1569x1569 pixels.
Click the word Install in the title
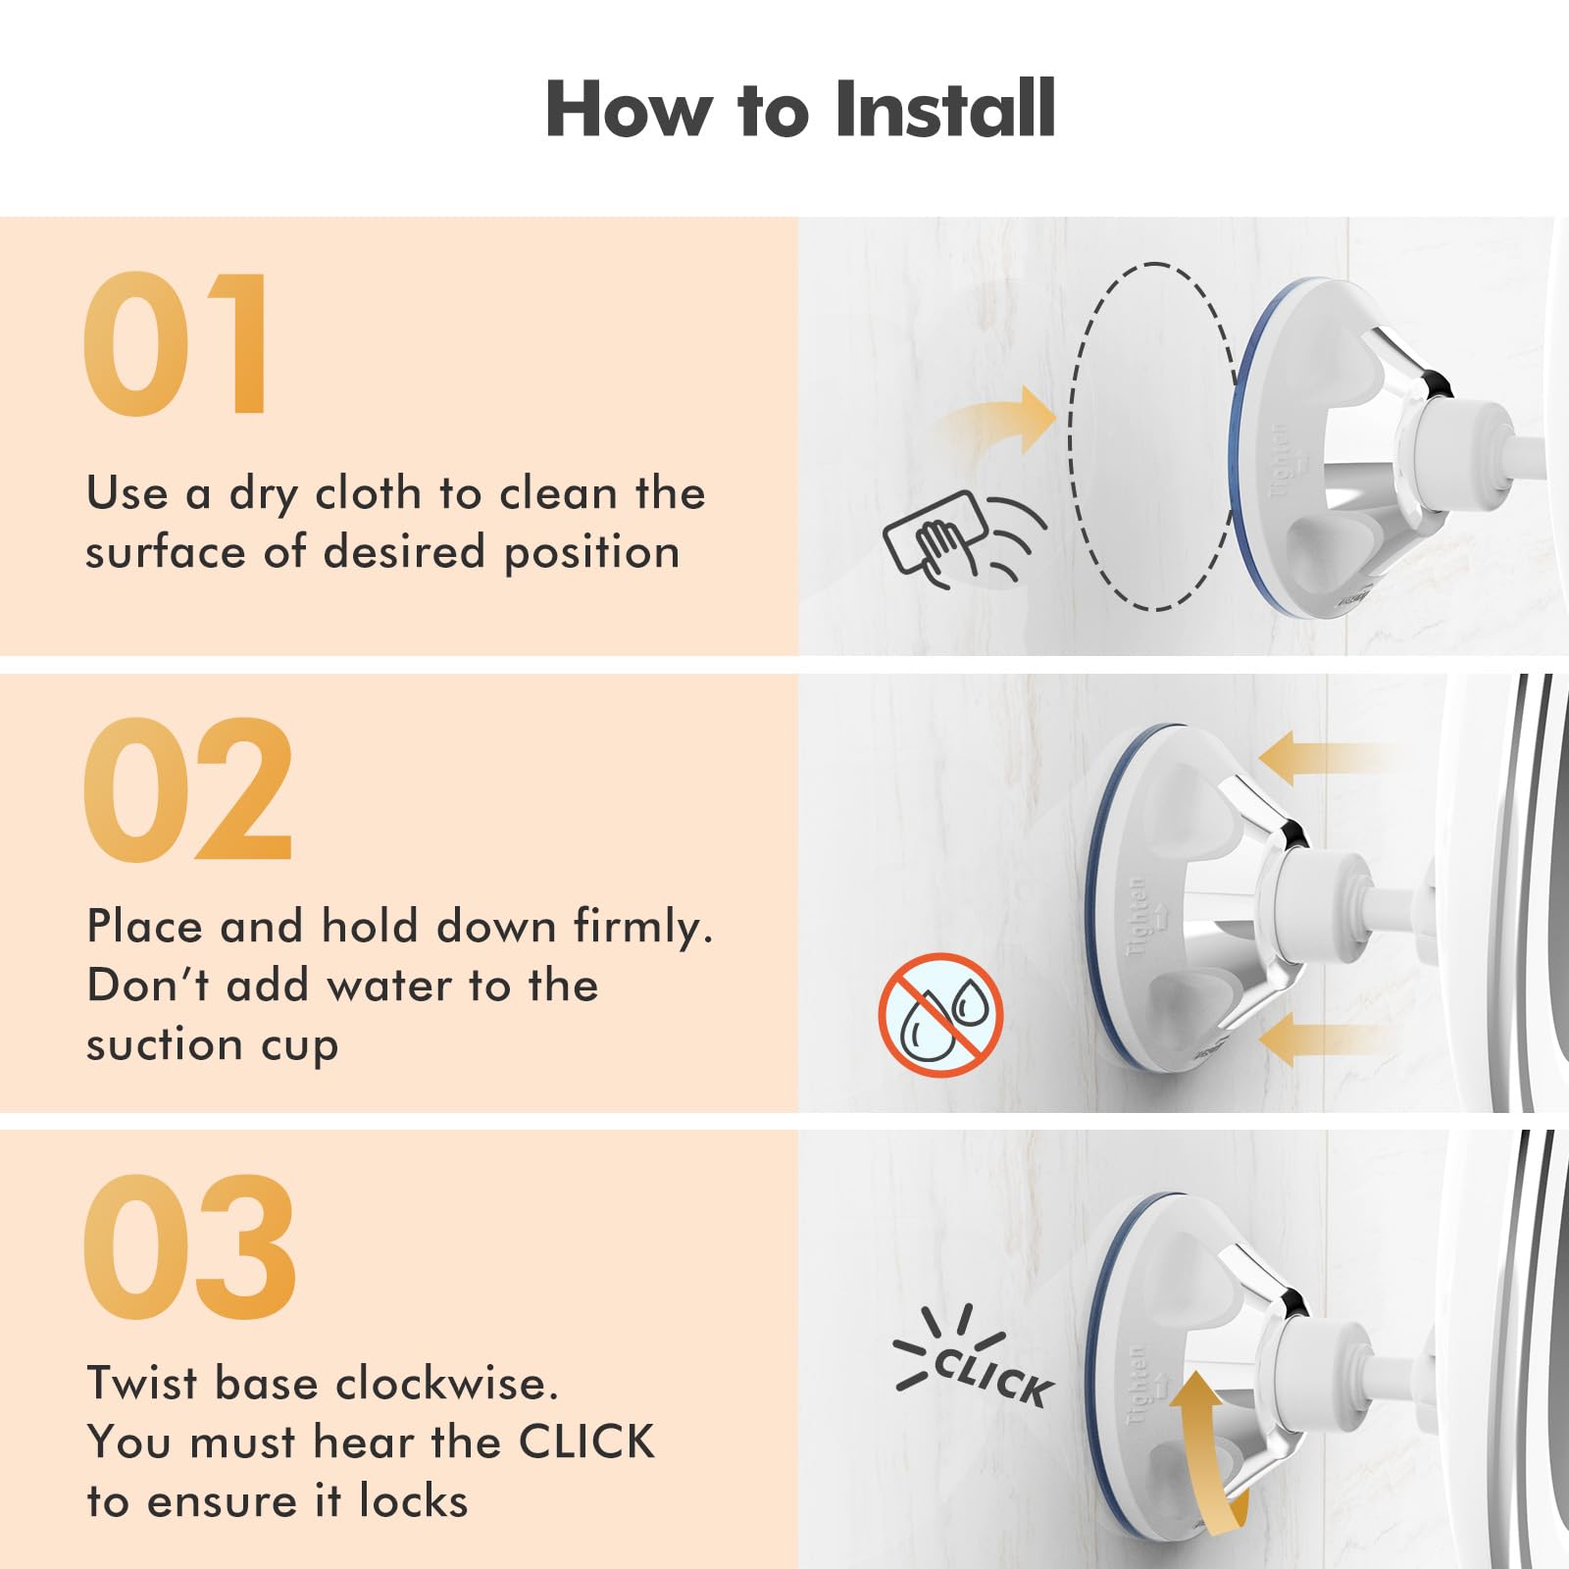pos(946,108)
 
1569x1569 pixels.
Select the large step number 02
pos(188,789)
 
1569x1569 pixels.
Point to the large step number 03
pos(189,1246)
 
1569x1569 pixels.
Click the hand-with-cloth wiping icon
pos(965,538)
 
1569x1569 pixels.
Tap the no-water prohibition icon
pos(940,1015)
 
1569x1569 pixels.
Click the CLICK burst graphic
pos(974,1356)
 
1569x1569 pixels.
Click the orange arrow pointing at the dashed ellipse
pos(995,420)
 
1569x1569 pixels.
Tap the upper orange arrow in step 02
pos(1329,758)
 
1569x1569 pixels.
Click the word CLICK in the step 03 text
pos(586,1442)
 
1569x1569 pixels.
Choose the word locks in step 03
pos(413,1500)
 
